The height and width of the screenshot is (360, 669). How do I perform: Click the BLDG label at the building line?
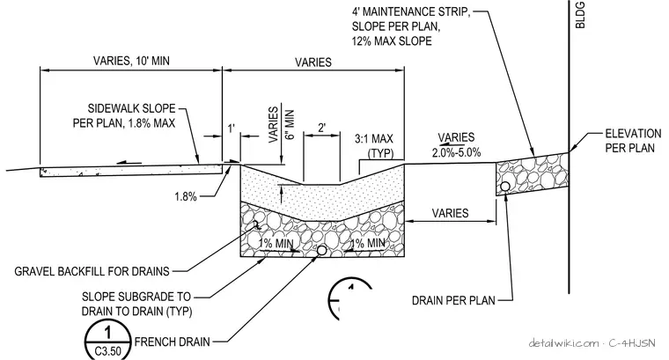(580, 15)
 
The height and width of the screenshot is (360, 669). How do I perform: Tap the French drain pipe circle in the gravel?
(321, 251)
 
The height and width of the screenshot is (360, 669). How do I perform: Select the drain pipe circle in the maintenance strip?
(505, 187)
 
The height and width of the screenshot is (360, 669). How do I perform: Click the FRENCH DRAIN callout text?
(173, 342)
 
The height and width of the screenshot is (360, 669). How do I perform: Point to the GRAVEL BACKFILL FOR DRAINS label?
(92, 271)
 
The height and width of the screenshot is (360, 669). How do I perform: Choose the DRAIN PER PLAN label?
(453, 300)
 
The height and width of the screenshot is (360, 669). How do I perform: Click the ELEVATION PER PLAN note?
(633, 141)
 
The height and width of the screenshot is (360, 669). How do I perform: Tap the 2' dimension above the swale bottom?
(321, 128)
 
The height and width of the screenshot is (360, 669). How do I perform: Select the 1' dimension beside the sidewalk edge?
(232, 128)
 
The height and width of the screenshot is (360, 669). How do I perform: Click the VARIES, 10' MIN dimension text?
(131, 61)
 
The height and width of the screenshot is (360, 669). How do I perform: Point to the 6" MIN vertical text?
(290, 125)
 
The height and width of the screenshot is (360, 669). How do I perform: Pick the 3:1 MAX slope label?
(374, 138)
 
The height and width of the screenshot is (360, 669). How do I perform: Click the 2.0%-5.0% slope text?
(457, 152)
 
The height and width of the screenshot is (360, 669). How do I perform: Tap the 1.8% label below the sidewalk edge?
(186, 196)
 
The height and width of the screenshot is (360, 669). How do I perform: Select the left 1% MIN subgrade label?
(276, 244)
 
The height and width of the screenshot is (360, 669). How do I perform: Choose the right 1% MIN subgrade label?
(368, 243)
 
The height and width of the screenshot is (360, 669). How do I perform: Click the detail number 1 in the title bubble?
(108, 332)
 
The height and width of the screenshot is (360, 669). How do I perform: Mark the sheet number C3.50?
(108, 351)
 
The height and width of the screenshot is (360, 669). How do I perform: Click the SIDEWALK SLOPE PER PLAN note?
(124, 115)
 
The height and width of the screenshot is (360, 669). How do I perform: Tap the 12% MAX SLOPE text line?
(392, 41)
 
